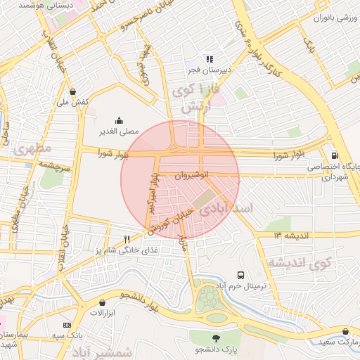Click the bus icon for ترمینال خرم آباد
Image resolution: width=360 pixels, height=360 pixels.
pyautogui.click(x=241, y=275)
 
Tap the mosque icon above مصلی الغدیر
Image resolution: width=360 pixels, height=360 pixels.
pyautogui.click(x=118, y=120)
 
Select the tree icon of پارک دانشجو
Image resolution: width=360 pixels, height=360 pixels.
pyautogui.click(x=216, y=338)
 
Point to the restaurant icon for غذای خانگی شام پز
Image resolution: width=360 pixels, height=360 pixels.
pyautogui.click(x=127, y=239)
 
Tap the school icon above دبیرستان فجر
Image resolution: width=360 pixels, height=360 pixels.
pyautogui.click(x=209, y=59)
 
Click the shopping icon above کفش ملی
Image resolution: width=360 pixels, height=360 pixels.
pyautogui.click(x=73, y=91)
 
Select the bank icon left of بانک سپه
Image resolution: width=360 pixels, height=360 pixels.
pyautogui.click(x=67, y=325)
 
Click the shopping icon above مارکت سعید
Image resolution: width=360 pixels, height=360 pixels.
pyautogui.click(x=345, y=330)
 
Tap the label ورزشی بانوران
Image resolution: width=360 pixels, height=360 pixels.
pyautogui.click(x=332, y=17)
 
